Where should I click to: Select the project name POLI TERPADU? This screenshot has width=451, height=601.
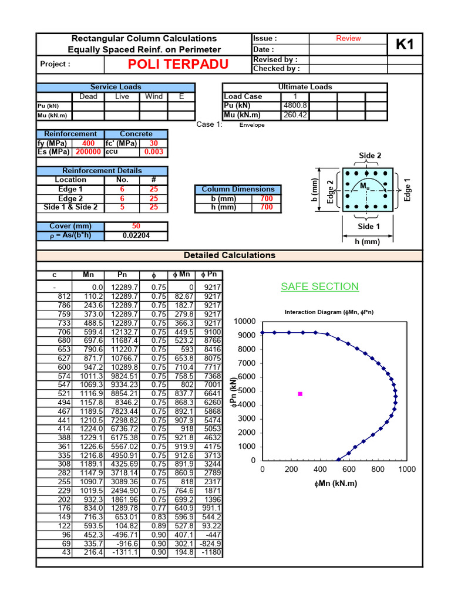[x=171, y=64]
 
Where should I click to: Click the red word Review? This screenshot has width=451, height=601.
[x=348, y=38]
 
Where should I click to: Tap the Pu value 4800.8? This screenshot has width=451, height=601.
[x=294, y=106]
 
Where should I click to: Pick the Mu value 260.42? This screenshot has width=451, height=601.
[x=294, y=115]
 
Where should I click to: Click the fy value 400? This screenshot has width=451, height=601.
[x=88, y=143]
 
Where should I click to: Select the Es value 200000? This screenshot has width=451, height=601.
[x=88, y=152]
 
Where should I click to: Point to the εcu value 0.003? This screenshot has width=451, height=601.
[x=153, y=152]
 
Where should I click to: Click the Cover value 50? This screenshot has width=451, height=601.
[x=136, y=226]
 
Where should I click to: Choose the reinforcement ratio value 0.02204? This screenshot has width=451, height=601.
[x=136, y=235]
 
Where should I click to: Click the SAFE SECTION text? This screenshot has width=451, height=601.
[x=319, y=286]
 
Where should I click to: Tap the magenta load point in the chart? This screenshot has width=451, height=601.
[x=300, y=394]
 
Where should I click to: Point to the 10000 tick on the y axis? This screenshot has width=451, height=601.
[x=244, y=322]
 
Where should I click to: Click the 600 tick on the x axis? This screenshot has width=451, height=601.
[x=349, y=470]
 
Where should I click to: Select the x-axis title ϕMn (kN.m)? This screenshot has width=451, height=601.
[x=335, y=484]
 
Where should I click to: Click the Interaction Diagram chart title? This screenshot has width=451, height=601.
[x=329, y=312]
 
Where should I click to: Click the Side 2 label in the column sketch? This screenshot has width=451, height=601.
[x=370, y=156]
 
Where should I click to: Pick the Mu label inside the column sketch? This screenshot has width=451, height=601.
[x=365, y=186]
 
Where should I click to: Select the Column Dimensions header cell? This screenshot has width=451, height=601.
[x=238, y=189]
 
